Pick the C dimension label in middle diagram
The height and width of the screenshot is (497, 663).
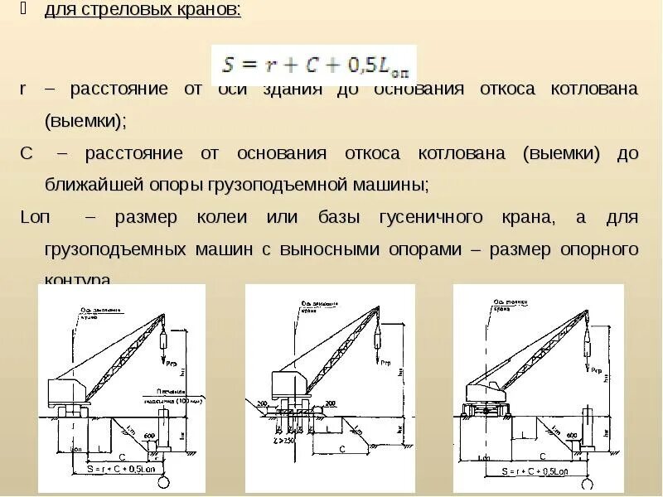click(341, 448)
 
